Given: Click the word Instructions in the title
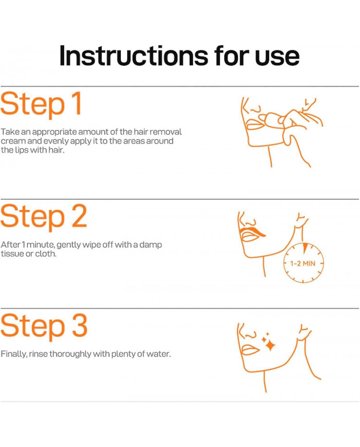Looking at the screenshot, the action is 134,56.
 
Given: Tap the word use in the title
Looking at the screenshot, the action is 277,57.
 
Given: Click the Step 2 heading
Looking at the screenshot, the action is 44,217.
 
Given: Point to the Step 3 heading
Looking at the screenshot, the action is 44,326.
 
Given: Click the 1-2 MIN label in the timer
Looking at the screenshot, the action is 303,263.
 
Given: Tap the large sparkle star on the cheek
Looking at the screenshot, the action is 270,346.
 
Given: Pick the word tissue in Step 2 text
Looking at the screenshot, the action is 12,254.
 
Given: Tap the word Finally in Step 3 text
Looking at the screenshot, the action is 14,354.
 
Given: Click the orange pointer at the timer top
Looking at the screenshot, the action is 305,247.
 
